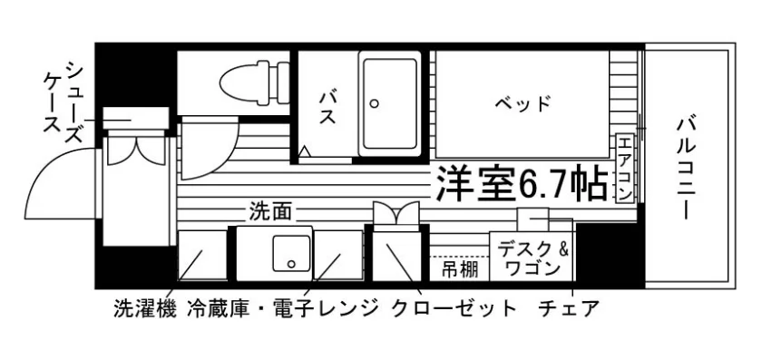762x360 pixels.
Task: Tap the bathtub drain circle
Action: (374, 103)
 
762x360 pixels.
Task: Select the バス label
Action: (327, 107)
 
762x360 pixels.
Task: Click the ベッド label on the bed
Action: (523, 103)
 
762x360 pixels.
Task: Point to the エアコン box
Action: (625, 168)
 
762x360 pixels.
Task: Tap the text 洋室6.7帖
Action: (522, 184)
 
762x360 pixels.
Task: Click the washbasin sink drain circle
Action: (291, 264)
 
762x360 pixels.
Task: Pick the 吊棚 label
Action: (459, 268)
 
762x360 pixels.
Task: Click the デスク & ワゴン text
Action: (532, 258)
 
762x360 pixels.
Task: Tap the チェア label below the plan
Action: (568, 308)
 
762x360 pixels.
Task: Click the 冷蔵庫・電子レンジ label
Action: (282, 308)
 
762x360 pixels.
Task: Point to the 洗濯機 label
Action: (145, 308)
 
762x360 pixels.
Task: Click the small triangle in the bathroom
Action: (304, 151)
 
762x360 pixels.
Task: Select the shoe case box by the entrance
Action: (135, 118)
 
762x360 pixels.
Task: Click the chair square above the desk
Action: (533, 219)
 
